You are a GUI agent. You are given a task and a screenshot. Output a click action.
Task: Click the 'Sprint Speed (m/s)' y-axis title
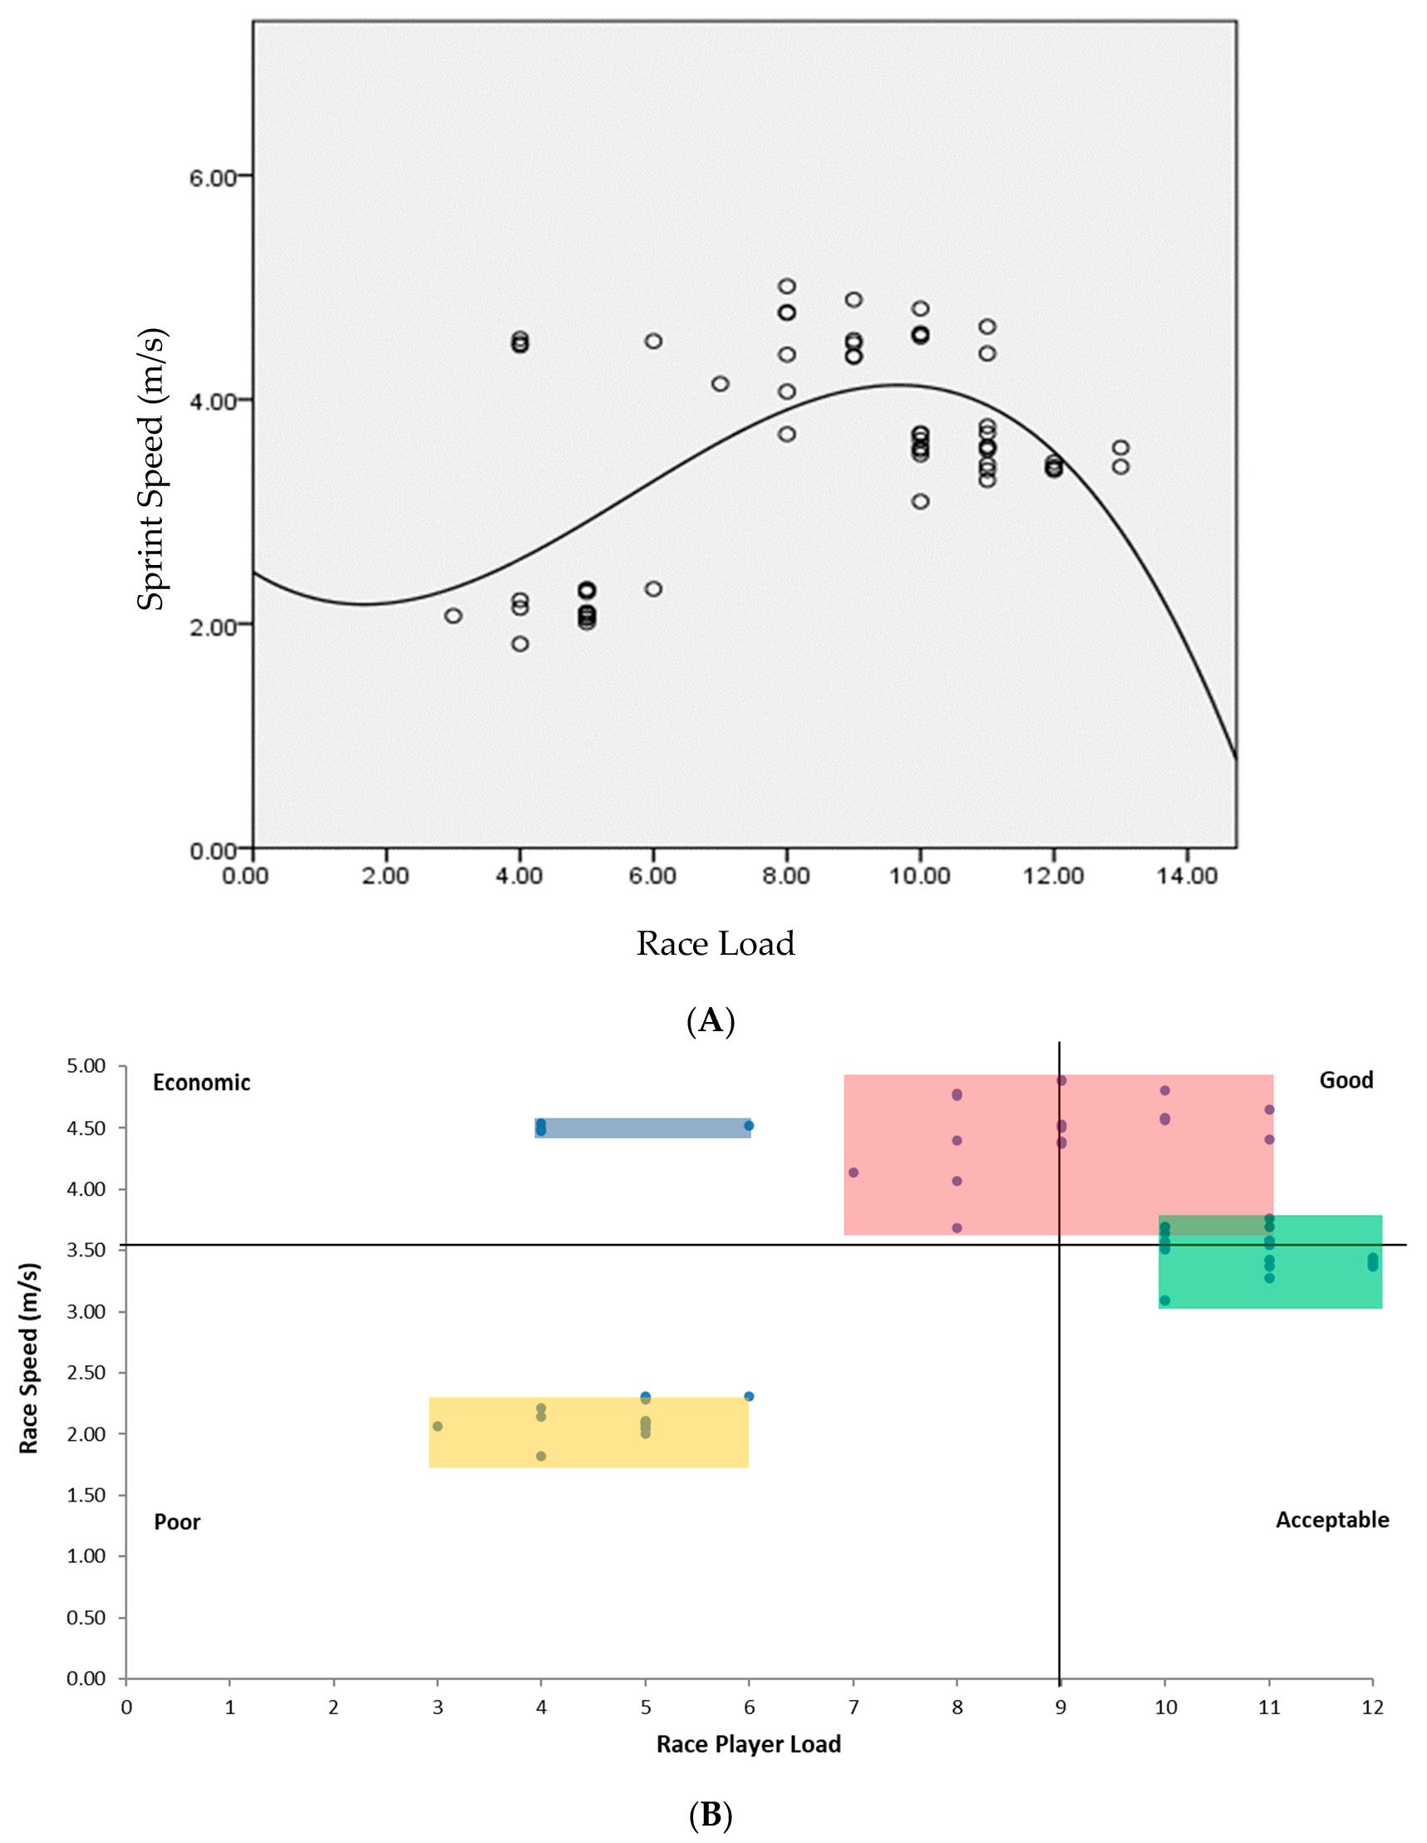152,469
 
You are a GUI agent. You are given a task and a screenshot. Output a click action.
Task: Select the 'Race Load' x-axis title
715,943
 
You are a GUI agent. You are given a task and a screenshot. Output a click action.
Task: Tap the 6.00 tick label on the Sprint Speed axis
212,177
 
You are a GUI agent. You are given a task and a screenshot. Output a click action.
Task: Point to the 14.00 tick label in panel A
1187,876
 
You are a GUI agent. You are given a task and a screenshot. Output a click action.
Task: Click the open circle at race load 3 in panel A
453,616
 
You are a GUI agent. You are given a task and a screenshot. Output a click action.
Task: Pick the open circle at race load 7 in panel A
720,384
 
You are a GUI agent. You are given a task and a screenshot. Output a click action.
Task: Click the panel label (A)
711,1021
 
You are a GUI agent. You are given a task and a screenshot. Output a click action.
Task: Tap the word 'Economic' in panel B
201,1083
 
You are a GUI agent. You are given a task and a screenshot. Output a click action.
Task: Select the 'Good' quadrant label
1346,1080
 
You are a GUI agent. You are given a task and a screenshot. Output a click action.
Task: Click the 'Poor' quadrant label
177,1522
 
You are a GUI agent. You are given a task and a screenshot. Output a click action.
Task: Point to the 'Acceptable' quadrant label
1331,1520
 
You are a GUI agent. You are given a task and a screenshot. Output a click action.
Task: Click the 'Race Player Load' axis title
749,1744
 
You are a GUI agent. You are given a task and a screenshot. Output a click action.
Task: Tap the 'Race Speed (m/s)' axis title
29,1358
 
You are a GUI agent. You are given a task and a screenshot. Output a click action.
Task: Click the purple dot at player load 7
854,1173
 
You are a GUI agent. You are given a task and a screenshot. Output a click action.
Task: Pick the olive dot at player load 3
437,1426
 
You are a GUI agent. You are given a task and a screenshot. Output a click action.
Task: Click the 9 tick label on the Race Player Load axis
1060,1708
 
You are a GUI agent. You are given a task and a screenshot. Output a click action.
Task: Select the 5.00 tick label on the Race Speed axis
86,1066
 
